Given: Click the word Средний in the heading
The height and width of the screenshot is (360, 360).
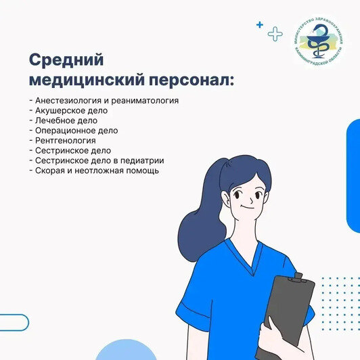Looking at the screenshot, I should pos(66,60).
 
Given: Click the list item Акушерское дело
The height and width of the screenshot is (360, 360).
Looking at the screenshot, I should pos(69,110).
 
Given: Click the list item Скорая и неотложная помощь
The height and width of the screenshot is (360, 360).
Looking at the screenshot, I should pos(94,171).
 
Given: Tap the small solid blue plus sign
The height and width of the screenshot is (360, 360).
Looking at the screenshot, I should pos(259,24).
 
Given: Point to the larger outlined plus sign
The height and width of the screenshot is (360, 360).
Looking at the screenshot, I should pos(275,33).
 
